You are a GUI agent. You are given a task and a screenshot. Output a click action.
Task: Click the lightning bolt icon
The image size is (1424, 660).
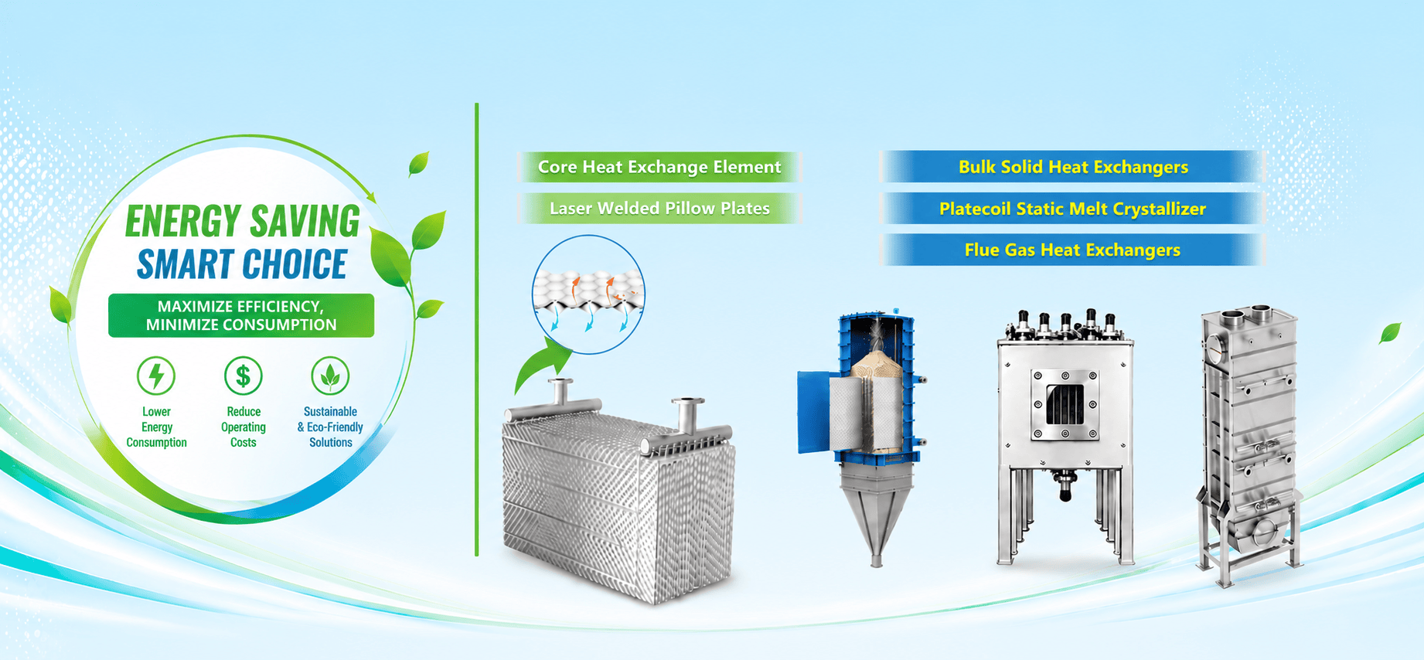point(156,376)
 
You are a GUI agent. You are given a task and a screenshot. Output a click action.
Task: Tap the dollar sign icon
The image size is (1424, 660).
point(243,376)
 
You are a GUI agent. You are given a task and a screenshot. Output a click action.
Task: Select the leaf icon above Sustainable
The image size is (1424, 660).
point(330,376)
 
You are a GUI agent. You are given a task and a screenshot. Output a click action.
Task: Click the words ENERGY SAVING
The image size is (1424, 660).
point(243,221)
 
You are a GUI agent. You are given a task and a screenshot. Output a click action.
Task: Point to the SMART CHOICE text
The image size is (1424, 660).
point(242,264)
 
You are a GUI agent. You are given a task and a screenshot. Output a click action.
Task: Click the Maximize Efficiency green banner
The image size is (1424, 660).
point(241,315)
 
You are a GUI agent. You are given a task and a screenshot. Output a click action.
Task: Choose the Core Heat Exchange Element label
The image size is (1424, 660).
point(659,167)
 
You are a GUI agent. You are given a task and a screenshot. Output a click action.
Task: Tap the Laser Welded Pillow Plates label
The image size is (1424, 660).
point(659,208)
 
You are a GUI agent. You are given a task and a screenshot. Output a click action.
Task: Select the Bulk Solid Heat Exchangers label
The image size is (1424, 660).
point(1073,167)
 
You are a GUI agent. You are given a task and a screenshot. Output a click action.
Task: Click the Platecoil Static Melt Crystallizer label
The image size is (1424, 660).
point(1073,209)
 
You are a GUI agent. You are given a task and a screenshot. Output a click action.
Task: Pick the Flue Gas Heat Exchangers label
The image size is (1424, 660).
point(1073,250)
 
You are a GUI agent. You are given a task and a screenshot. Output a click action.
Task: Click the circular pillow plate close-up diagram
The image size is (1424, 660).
point(588,294)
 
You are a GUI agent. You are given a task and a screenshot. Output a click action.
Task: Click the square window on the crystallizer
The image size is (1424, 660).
point(1065,404)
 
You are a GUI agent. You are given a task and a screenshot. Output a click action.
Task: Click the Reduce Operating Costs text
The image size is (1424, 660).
point(244,427)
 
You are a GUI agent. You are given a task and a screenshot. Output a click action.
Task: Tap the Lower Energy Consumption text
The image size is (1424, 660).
point(157,427)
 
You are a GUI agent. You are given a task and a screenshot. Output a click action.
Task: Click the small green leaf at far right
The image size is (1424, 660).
point(1390,333)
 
